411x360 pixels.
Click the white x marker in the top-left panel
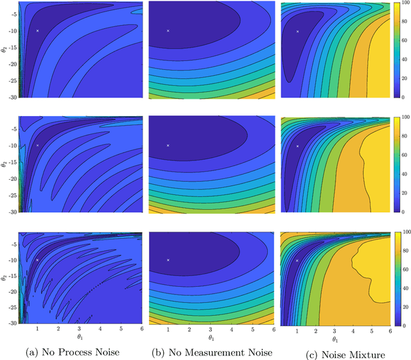[x=38, y=31]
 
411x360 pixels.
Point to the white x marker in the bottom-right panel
[x=297, y=261]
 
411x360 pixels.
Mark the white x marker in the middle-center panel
[x=168, y=146]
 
